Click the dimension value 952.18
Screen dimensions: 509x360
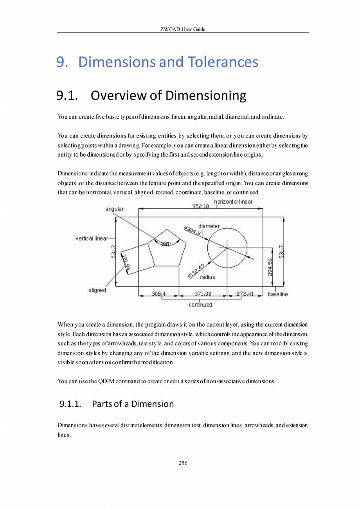201,206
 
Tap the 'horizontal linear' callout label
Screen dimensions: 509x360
233,202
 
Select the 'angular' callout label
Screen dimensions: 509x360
114,209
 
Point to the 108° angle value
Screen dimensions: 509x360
166,244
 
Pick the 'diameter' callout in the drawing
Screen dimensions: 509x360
209,226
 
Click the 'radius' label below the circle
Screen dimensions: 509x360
207,277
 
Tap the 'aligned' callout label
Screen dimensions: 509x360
97,291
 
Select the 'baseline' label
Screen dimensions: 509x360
277,294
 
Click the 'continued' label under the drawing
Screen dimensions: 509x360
200,305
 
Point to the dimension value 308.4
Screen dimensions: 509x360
158,294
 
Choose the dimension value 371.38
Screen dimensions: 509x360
203,294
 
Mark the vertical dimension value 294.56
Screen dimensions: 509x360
270,267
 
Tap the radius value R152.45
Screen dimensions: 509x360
196,271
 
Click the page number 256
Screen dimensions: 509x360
183,463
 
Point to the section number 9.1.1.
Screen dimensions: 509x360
70,404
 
